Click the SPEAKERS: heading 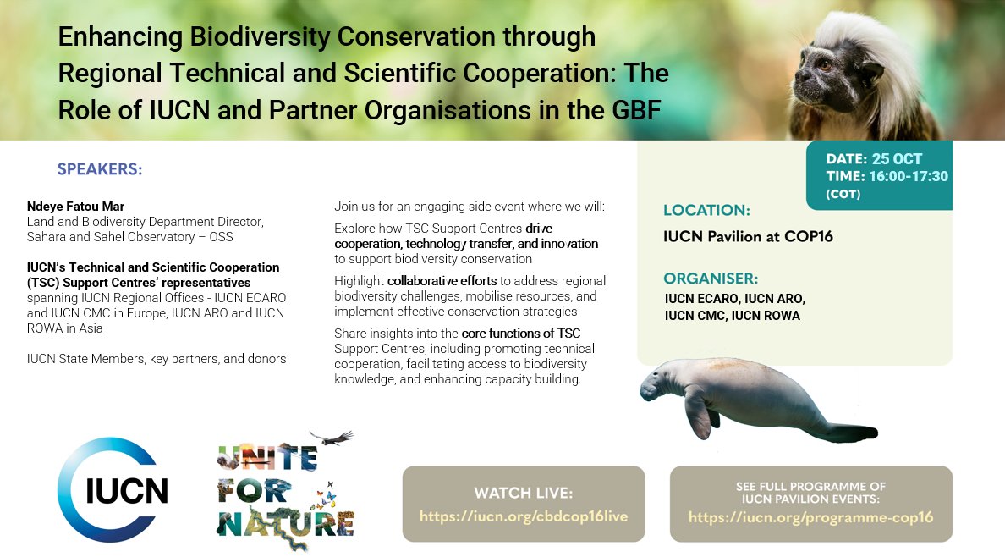point(100,168)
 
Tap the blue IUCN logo point(113,490)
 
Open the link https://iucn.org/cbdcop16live point(524,516)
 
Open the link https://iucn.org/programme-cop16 point(810,516)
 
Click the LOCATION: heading point(706,210)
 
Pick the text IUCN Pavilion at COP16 point(749,236)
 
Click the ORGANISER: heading point(711,278)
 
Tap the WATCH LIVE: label point(523,493)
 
